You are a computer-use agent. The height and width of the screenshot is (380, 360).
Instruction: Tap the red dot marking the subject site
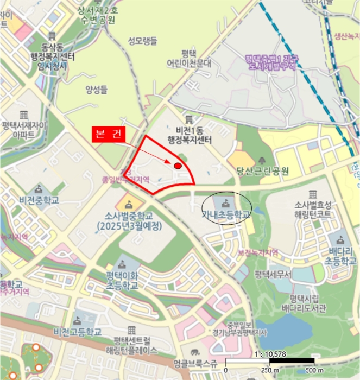click(x=178, y=166)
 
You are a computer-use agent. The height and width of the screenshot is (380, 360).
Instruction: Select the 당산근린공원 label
click(x=262, y=172)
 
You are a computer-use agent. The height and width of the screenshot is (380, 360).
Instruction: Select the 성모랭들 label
click(x=143, y=40)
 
